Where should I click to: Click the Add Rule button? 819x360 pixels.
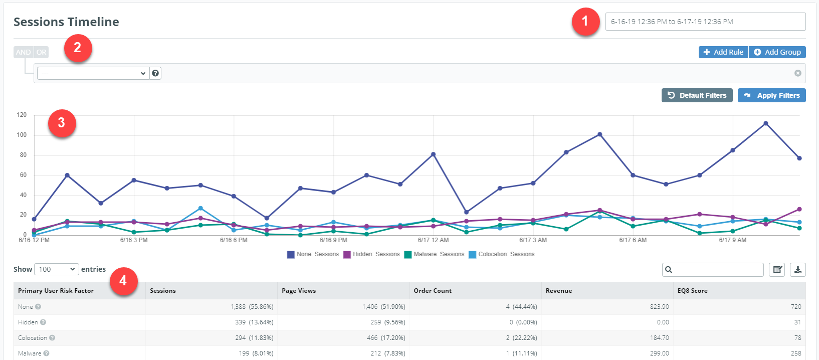(x=723, y=52)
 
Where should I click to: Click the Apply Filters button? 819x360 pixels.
(x=771, y=95)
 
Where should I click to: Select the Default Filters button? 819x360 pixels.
(x=697, y=95)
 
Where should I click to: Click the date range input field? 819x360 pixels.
(x=705, y=22)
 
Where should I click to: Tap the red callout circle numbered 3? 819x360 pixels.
(x=62, y=123)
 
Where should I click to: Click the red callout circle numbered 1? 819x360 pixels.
(x=585, y=22)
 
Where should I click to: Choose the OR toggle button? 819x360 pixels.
(x=41, y=52)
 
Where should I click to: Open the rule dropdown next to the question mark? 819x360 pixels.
(x=93, y=73)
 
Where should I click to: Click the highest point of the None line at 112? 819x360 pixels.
(x=766, y=123)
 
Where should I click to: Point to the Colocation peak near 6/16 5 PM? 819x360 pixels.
(x=200, y=208)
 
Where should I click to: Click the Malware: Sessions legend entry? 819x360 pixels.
(x=434, y=254)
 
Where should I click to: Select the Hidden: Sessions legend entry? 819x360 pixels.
(x=371, y=254)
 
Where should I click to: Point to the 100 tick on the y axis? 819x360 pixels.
(x=22, y=135)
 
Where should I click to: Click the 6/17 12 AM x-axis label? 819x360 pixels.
(x=433, y=240)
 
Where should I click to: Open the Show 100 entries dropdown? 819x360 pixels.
(x=56, y=269)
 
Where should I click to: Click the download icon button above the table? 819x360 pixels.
(x=797, y=270)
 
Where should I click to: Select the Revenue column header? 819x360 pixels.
(x=559, y=291)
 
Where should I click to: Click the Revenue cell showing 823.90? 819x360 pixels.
(x=659, y=307)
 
